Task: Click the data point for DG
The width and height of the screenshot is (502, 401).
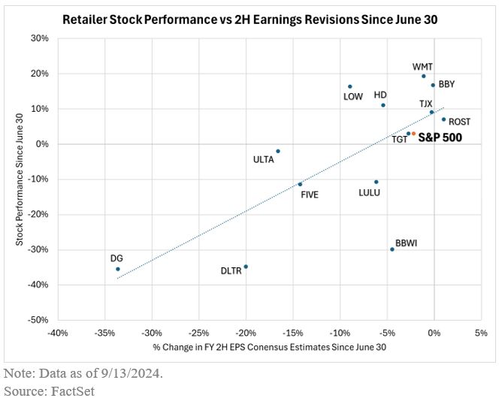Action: pos(117,269)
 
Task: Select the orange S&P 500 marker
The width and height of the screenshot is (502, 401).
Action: pos(413,134)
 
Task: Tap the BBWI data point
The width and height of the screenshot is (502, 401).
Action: pos(392,249)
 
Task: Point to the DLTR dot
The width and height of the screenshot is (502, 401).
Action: pos(246,267)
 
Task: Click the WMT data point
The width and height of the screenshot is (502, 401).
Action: pos(424,76)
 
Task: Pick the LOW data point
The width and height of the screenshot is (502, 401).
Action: pos(350,86)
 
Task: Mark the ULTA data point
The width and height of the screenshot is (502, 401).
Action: pos(278,151)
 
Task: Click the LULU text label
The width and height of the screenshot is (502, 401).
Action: pos(369,193)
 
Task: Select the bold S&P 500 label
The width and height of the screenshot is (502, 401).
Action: pos(440,137)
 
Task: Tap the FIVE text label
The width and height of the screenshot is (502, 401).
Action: pos(310,194)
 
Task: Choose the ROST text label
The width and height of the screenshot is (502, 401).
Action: pos(459,122)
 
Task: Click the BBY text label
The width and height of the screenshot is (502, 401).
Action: pos(446,85)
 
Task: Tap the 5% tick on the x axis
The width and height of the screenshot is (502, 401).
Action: pos(481,333)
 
